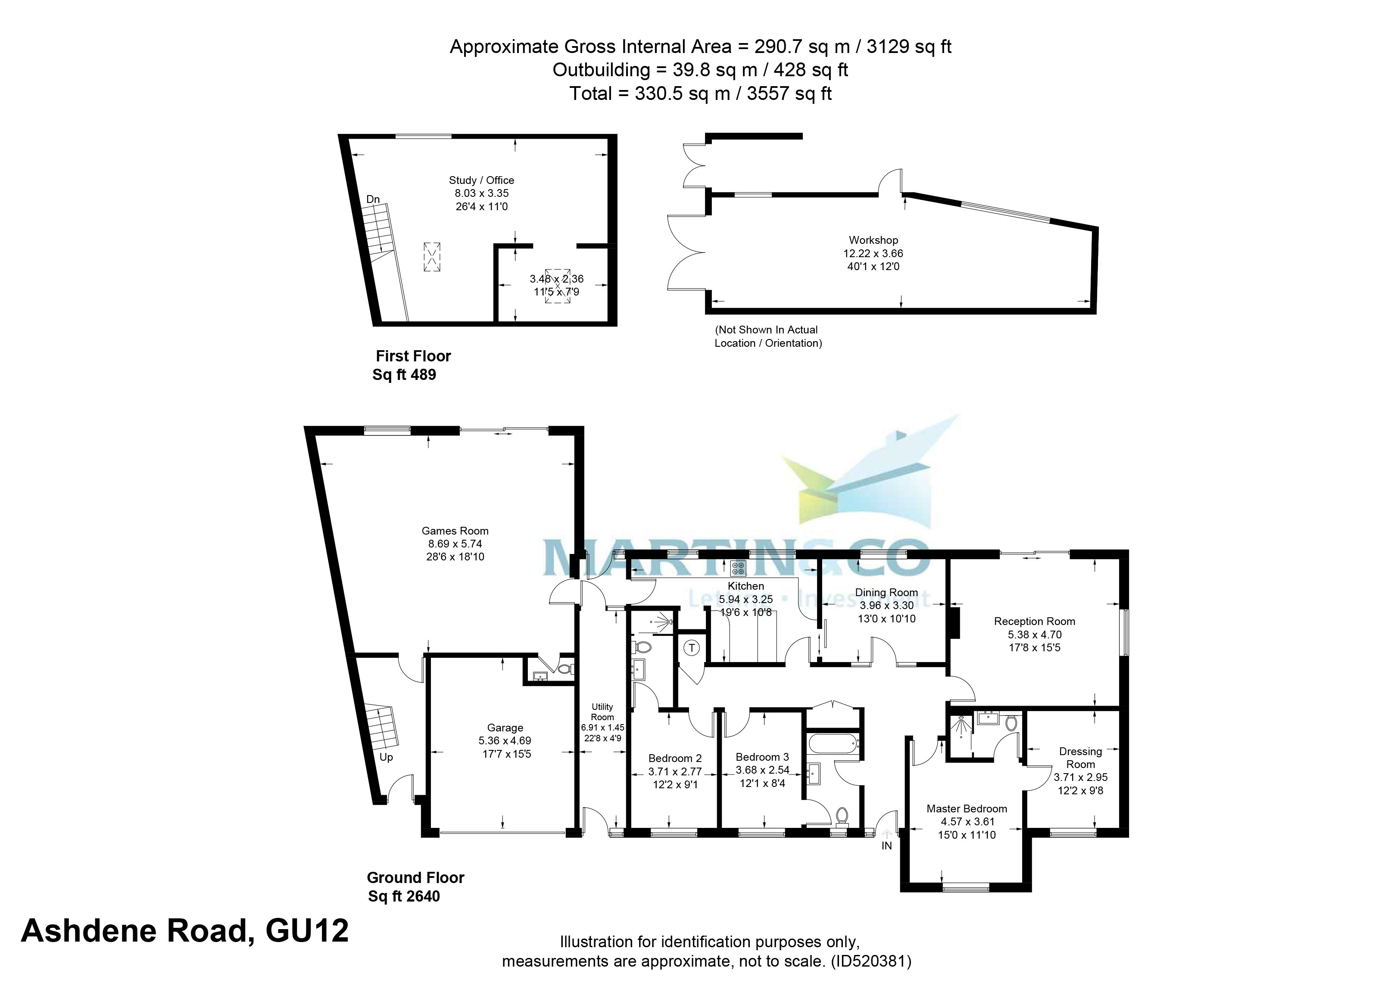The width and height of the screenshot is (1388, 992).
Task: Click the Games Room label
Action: pos(455,531)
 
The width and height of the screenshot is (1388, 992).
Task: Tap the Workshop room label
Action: pos(873,240)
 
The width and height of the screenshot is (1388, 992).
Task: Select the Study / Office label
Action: pos(481,180)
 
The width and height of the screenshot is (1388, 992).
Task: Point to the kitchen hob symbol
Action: pos(738,569)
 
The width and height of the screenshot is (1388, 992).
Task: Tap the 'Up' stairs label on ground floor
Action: pos(386,757)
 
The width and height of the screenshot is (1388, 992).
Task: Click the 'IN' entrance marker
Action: pos(886,846)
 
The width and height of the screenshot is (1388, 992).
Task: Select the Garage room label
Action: pos(505,728)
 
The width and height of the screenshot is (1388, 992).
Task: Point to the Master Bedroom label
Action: pos(967,809)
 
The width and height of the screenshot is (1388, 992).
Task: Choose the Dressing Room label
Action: pos(1080,757)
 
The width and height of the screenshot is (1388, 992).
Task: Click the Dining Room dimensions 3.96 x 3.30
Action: pos(886,605)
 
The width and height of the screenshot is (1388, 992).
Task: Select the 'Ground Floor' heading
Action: pos(415,878)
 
